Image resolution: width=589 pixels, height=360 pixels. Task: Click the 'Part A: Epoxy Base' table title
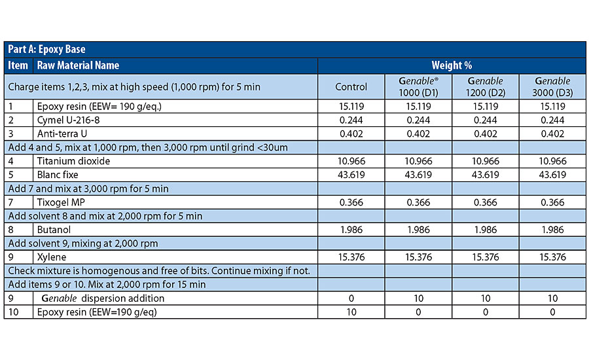(x=46, y=49)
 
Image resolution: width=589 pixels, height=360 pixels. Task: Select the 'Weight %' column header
(x=452, y=65)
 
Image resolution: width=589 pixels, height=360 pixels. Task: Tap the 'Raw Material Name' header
(x=78, y=65)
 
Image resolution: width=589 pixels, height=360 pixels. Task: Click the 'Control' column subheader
(x=351, y=87)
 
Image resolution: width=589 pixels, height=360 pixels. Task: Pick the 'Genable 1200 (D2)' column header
(x=486, y=87)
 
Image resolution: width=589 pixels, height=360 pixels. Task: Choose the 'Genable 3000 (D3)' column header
(x=552, y=87)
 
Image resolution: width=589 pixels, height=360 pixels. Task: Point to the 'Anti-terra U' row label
(x=62, y=134)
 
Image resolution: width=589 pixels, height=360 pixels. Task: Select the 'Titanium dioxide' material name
(x=73, y=161)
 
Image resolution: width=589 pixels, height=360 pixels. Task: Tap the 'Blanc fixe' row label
(x=58, y=175)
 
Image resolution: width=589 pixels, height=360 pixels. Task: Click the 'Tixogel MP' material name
(x=61, y=202)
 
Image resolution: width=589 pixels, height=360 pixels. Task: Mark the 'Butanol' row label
(x=54, y=230)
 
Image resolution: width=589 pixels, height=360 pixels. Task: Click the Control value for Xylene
(x=351, y=257)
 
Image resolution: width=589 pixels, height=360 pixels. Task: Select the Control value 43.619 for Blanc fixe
(x=351, y=175)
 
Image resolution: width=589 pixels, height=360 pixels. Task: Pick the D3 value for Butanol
(x=552, y=230)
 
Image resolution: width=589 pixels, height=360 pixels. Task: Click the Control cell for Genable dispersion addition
(x=351, y=298)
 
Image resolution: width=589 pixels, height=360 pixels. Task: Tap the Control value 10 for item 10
(x=351, y=312)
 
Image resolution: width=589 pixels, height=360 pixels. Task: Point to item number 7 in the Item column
(x=10, y=202)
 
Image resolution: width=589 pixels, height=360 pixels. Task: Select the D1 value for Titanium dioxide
(x=418, y=161)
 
